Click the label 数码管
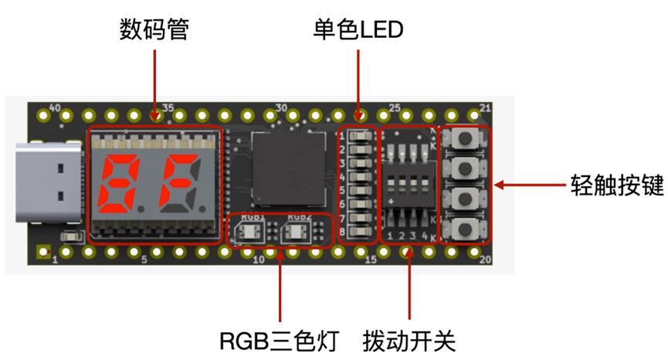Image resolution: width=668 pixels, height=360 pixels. point(154,30)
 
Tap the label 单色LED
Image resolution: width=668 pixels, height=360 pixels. point(358,30)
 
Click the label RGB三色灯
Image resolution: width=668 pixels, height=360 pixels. point(277,339)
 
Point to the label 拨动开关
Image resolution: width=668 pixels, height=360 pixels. point(409,339)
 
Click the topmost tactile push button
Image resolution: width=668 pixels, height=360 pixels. point(465,139)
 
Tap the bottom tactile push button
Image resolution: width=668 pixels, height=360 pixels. point(465,228)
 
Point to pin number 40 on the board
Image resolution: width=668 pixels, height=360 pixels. point(54,108)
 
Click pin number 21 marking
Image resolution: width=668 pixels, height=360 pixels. point(485,107)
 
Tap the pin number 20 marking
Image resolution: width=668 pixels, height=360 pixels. point(485,260)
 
